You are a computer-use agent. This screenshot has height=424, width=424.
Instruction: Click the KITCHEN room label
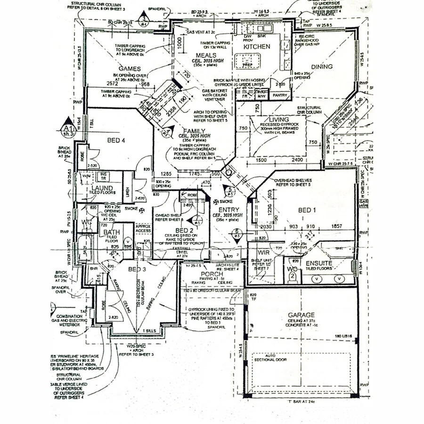[256, 47]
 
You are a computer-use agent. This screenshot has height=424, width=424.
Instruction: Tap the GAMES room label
[130, 69]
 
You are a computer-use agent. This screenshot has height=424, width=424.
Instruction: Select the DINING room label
[321, 67]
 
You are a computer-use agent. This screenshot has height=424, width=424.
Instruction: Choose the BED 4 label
[116, 140]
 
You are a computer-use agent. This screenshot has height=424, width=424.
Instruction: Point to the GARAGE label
[302, 315]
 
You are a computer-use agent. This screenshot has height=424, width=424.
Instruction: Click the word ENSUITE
[319, 263]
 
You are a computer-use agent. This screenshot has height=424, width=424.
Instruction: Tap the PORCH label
[212, 274]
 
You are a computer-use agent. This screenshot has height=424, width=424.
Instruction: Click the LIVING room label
[279, 120]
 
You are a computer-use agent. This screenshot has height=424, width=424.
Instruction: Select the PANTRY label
[280, 95]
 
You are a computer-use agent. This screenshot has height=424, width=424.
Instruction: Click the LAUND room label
[102, 188]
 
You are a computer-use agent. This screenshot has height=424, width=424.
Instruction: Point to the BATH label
[111, 232]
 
